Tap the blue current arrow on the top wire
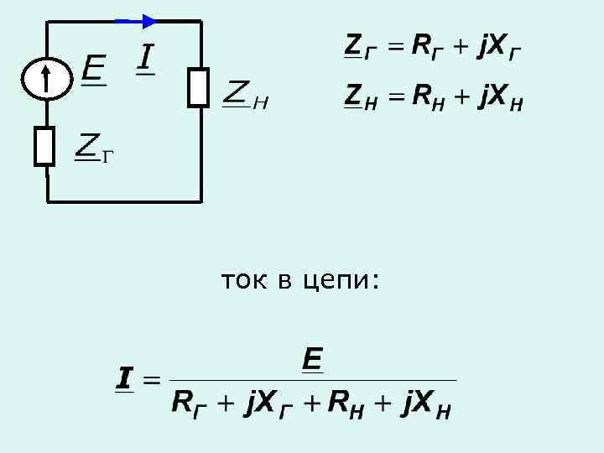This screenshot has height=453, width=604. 135,21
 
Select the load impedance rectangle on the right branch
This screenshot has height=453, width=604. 198,87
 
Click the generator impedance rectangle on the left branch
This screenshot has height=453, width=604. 44,145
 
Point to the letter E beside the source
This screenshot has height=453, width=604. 93,68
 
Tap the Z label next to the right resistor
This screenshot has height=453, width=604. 237,93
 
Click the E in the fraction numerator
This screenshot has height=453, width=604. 312,361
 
